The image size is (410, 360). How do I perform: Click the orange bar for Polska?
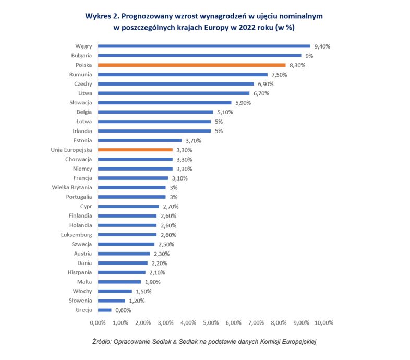(191, 65)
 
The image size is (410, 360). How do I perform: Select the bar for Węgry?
(204, 46)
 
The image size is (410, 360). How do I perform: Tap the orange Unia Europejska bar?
(135, 150)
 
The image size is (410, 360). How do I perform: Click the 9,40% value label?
(322, 46)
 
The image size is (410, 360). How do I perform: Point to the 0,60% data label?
(123, 310)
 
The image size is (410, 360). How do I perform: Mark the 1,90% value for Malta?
(153, 282)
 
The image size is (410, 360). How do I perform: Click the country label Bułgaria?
(81, 56)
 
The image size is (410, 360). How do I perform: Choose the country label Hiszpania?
(80, 272)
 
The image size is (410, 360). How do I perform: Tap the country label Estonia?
(83, 140)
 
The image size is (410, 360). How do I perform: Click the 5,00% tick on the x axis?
(211, 322)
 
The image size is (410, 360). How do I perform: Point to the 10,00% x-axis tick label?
(323, 322)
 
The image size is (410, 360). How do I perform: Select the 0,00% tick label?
(98, 322)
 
